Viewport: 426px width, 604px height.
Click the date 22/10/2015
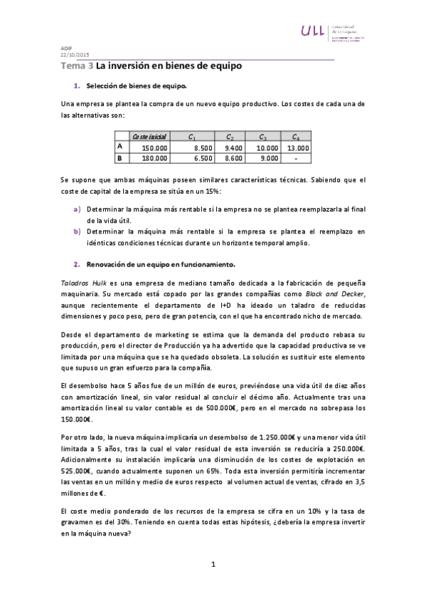[x=75, y=55]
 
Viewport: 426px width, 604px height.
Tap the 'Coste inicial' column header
[x=148, y=137]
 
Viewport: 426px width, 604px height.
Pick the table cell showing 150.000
[x=154, y=147]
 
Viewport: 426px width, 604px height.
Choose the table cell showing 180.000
[x=154, y=158]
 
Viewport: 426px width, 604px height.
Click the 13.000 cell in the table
[x=298, y=147]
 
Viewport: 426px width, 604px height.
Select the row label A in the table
[x=119, y=147]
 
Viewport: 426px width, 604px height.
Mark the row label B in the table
[x=119, y=157]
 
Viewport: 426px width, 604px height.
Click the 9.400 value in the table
[x=233, y=147]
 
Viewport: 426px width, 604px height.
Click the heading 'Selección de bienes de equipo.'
[x=136, y=86]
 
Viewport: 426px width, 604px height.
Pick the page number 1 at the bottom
[x=213, y=565]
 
